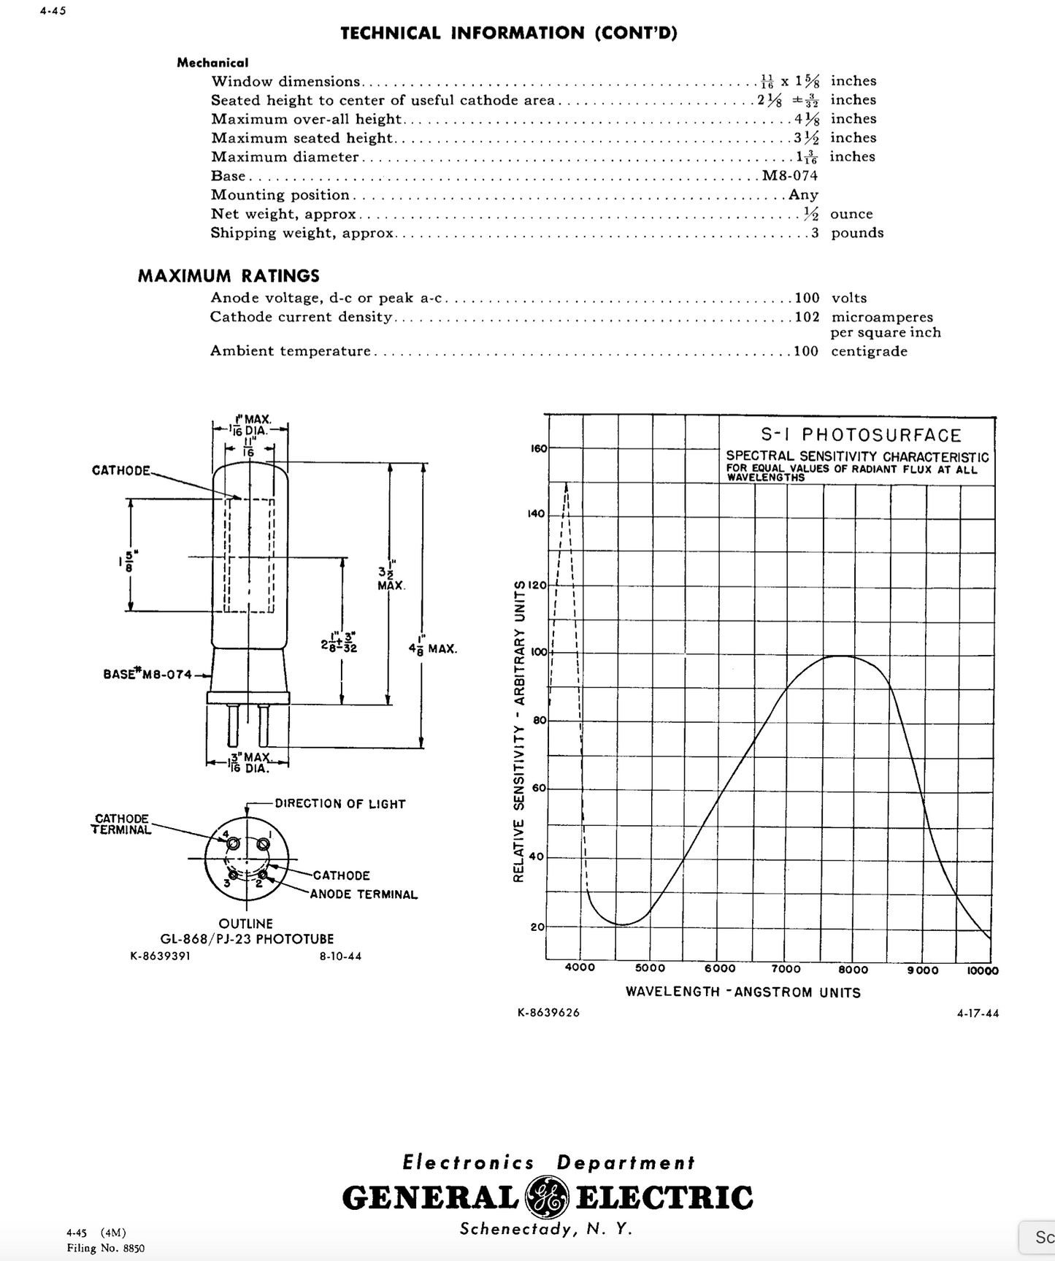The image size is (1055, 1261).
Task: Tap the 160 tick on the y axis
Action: pyautogui.click(x=538, y=448)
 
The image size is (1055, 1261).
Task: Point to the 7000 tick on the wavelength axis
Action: pyautogui.click(x=786, y=969)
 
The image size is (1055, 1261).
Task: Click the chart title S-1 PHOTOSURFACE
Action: pyautogui.click(x=861, y=435)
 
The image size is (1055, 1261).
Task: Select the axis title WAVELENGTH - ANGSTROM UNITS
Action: pyautogui.click(x=743, y=992)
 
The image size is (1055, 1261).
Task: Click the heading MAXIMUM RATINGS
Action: pyautogui.click(x=229, y=276)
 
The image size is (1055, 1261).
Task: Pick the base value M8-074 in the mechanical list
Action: pyautogui.click(x=790, y=176)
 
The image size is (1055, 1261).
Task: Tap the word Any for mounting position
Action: pyautogui.click(x=803, y=195)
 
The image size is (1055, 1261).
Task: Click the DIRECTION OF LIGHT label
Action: pyautogui.click(x=339, y=804)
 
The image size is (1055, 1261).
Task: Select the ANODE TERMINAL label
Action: pyautogui.click(x=364, y=894)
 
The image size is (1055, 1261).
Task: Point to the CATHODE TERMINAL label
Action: pyautogui.click(x=121, y=824)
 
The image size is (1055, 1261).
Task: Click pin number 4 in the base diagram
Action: pyautogui.click(x=226, y=834)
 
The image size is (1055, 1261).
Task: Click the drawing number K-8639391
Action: pyautogui.click(x=160, y=956)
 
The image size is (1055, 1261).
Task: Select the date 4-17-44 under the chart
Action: pyautogui.click(x=978, y=1013)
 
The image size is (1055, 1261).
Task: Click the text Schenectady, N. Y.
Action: pyautogui.click(x=545, y=1229)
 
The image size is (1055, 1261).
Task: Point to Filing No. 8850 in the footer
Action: pyautogui.click(x=105, y=1248)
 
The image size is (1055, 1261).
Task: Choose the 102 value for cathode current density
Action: pyautogui.click(x=807, y=318)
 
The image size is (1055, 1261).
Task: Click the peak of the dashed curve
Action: pyautogui.click(x=567, y=483)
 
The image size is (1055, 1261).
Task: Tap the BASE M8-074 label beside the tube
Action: pyautogui.click(x=147, y=674)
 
